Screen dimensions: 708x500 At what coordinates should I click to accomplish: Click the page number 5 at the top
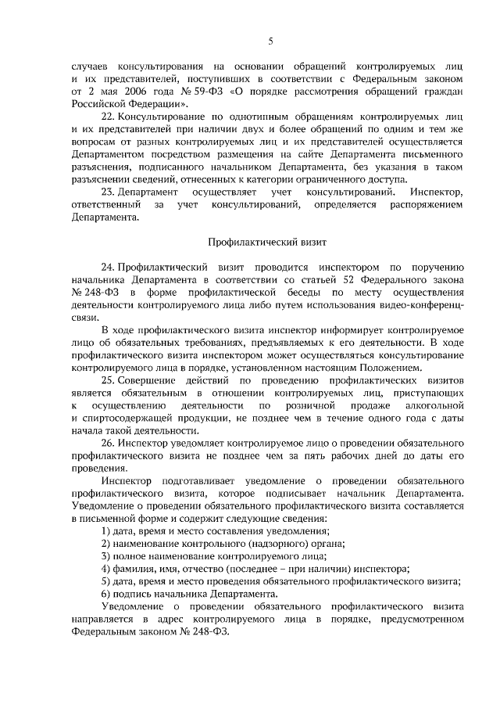(x=270, y=41)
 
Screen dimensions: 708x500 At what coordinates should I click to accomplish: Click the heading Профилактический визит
(x=270, y=243)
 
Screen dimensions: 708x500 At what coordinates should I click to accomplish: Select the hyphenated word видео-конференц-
(x=425, y=304)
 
